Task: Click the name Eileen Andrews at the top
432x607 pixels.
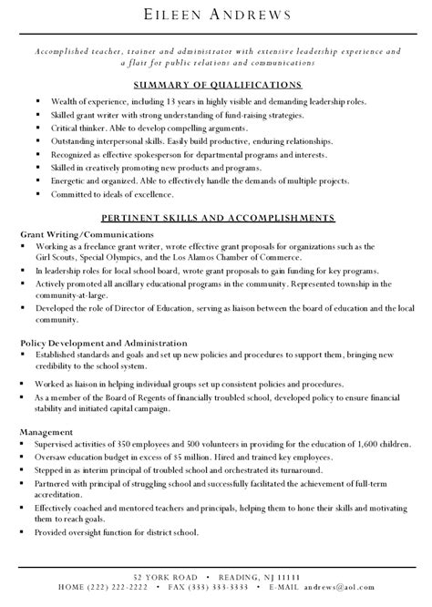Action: click(x=216, y=15)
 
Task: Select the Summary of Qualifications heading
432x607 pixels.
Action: click(x=216, y=83)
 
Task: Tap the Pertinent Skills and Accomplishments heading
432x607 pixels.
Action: click(x=216, y=219)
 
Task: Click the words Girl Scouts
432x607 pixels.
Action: click(x=59, y=257)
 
